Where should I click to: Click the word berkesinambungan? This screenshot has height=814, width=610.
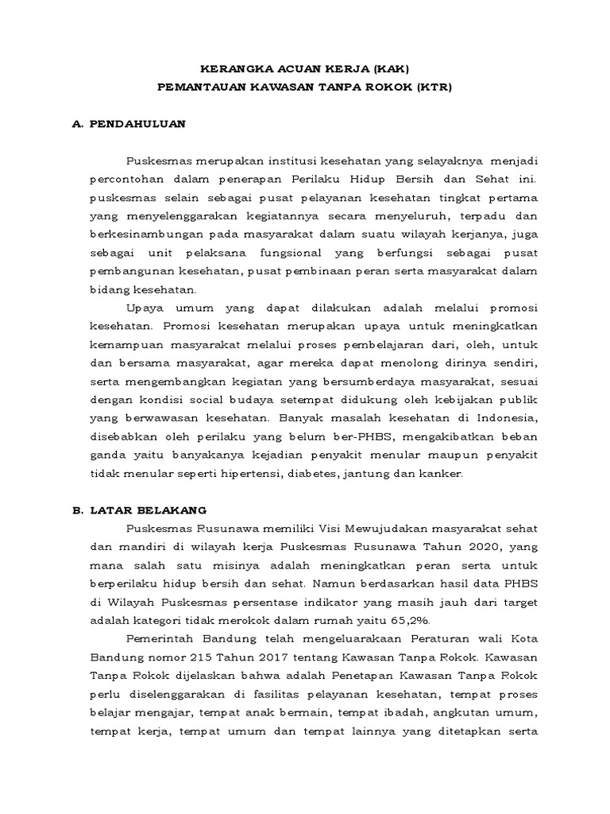pyautogui.click(x=141, y=235)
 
